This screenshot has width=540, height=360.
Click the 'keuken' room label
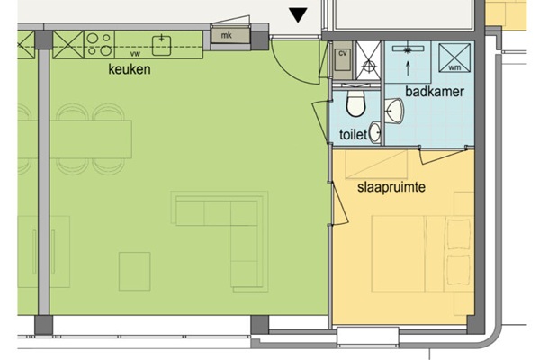pos(130,69)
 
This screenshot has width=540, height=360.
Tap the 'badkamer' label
pos(435,92)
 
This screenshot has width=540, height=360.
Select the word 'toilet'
pos(354,134)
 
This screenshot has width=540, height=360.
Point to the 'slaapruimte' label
pos(391,187)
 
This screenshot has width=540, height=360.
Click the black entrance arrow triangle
pos(298,15)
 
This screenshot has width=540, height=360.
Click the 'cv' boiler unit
pos(342,59)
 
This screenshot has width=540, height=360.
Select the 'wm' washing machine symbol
pos(454,58)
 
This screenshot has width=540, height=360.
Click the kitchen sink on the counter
pos(161,46)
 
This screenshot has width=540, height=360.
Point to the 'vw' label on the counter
pos(136,54)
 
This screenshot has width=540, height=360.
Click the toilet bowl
pos(355,103)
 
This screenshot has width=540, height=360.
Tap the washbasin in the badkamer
pos(394,111)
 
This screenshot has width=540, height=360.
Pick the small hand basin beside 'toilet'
pos(375,132)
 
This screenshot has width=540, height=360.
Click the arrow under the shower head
pos(408,68)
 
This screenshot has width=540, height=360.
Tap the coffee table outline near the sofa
pos(135,272)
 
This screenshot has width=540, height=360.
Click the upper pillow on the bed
pos(458,234)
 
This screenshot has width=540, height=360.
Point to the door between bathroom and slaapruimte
pos(443,155)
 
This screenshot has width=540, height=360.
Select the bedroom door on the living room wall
pos(339,203)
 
